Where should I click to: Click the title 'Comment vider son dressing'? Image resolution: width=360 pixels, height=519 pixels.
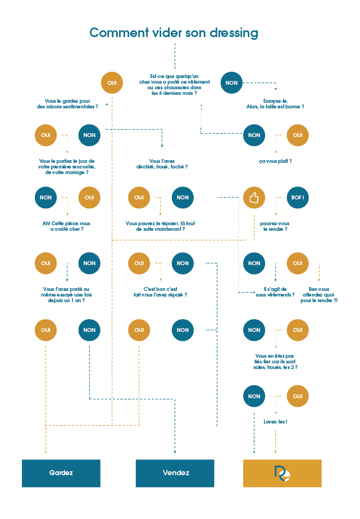coord(174,33)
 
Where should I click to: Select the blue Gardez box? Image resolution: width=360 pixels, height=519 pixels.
coord(61,473)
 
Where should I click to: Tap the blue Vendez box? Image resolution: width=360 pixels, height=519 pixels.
coord(175,473)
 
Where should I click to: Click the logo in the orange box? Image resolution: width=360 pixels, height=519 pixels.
coord(282,473)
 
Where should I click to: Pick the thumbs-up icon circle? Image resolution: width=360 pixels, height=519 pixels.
coord(254,198)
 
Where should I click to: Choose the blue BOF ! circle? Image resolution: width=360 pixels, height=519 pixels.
coord(298,198)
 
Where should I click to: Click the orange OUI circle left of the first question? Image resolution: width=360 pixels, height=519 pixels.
coord(111,83)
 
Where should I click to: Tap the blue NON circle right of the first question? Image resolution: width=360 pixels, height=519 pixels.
coord(231,83)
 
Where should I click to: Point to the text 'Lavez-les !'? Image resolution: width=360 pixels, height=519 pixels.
coord(275,421)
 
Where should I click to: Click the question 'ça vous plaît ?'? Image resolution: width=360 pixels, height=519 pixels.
coord(275,161)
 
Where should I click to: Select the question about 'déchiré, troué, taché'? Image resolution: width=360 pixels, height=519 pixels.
coord(161,163)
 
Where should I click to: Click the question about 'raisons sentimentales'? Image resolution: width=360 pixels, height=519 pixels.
coord(67,103)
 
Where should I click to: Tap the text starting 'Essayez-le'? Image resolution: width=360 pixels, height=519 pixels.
coord(275,103)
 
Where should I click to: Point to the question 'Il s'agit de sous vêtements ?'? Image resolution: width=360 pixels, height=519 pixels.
coord(275,292)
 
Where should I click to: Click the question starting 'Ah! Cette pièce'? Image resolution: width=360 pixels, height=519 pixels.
coord(66,226)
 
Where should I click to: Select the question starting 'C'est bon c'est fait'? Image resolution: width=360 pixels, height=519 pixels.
coord(161,292)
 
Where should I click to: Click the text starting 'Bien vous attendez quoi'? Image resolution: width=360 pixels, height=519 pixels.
coord(318,294)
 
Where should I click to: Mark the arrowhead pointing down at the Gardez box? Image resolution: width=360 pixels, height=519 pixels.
coord(45,451)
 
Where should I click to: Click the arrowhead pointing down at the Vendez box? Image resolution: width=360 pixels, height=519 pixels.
coord(175,451)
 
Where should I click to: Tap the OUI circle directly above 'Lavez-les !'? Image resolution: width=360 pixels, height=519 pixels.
coord(298,396)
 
